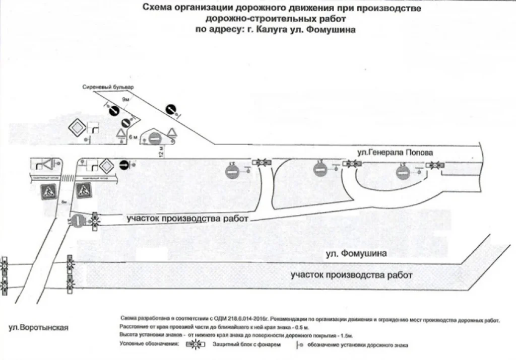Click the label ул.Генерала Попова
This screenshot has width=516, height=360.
[x=395, y=152]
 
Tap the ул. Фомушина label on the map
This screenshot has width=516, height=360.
[x=356, y=253]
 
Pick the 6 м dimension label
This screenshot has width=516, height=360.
[x=133, y=137]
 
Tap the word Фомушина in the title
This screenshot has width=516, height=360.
[x=330, y=29]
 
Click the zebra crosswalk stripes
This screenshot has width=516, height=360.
[x=68, y=177]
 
